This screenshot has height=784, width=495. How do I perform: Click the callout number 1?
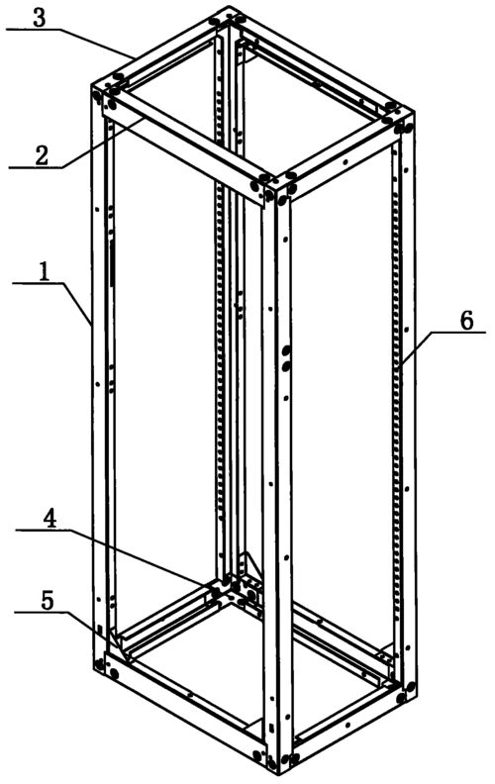[x=46, y=271]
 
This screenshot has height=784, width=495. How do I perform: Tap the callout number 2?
[x=42, y=155]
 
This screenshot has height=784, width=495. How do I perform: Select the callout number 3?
[x=39, y=18]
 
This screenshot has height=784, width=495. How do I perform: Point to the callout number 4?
[x=49, y=519]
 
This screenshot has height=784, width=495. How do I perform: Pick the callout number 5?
[x=47, y=601]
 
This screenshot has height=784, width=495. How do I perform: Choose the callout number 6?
[x=466, y=321]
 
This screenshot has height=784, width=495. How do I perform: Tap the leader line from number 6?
[x=442, y=347]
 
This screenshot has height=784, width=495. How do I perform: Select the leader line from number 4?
[x=116, y=556]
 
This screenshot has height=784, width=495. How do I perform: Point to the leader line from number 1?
[x=51, y=304]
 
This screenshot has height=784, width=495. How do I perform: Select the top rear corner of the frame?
[x=229, y=16]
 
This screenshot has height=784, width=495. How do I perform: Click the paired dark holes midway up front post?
[x=286, y=358]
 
